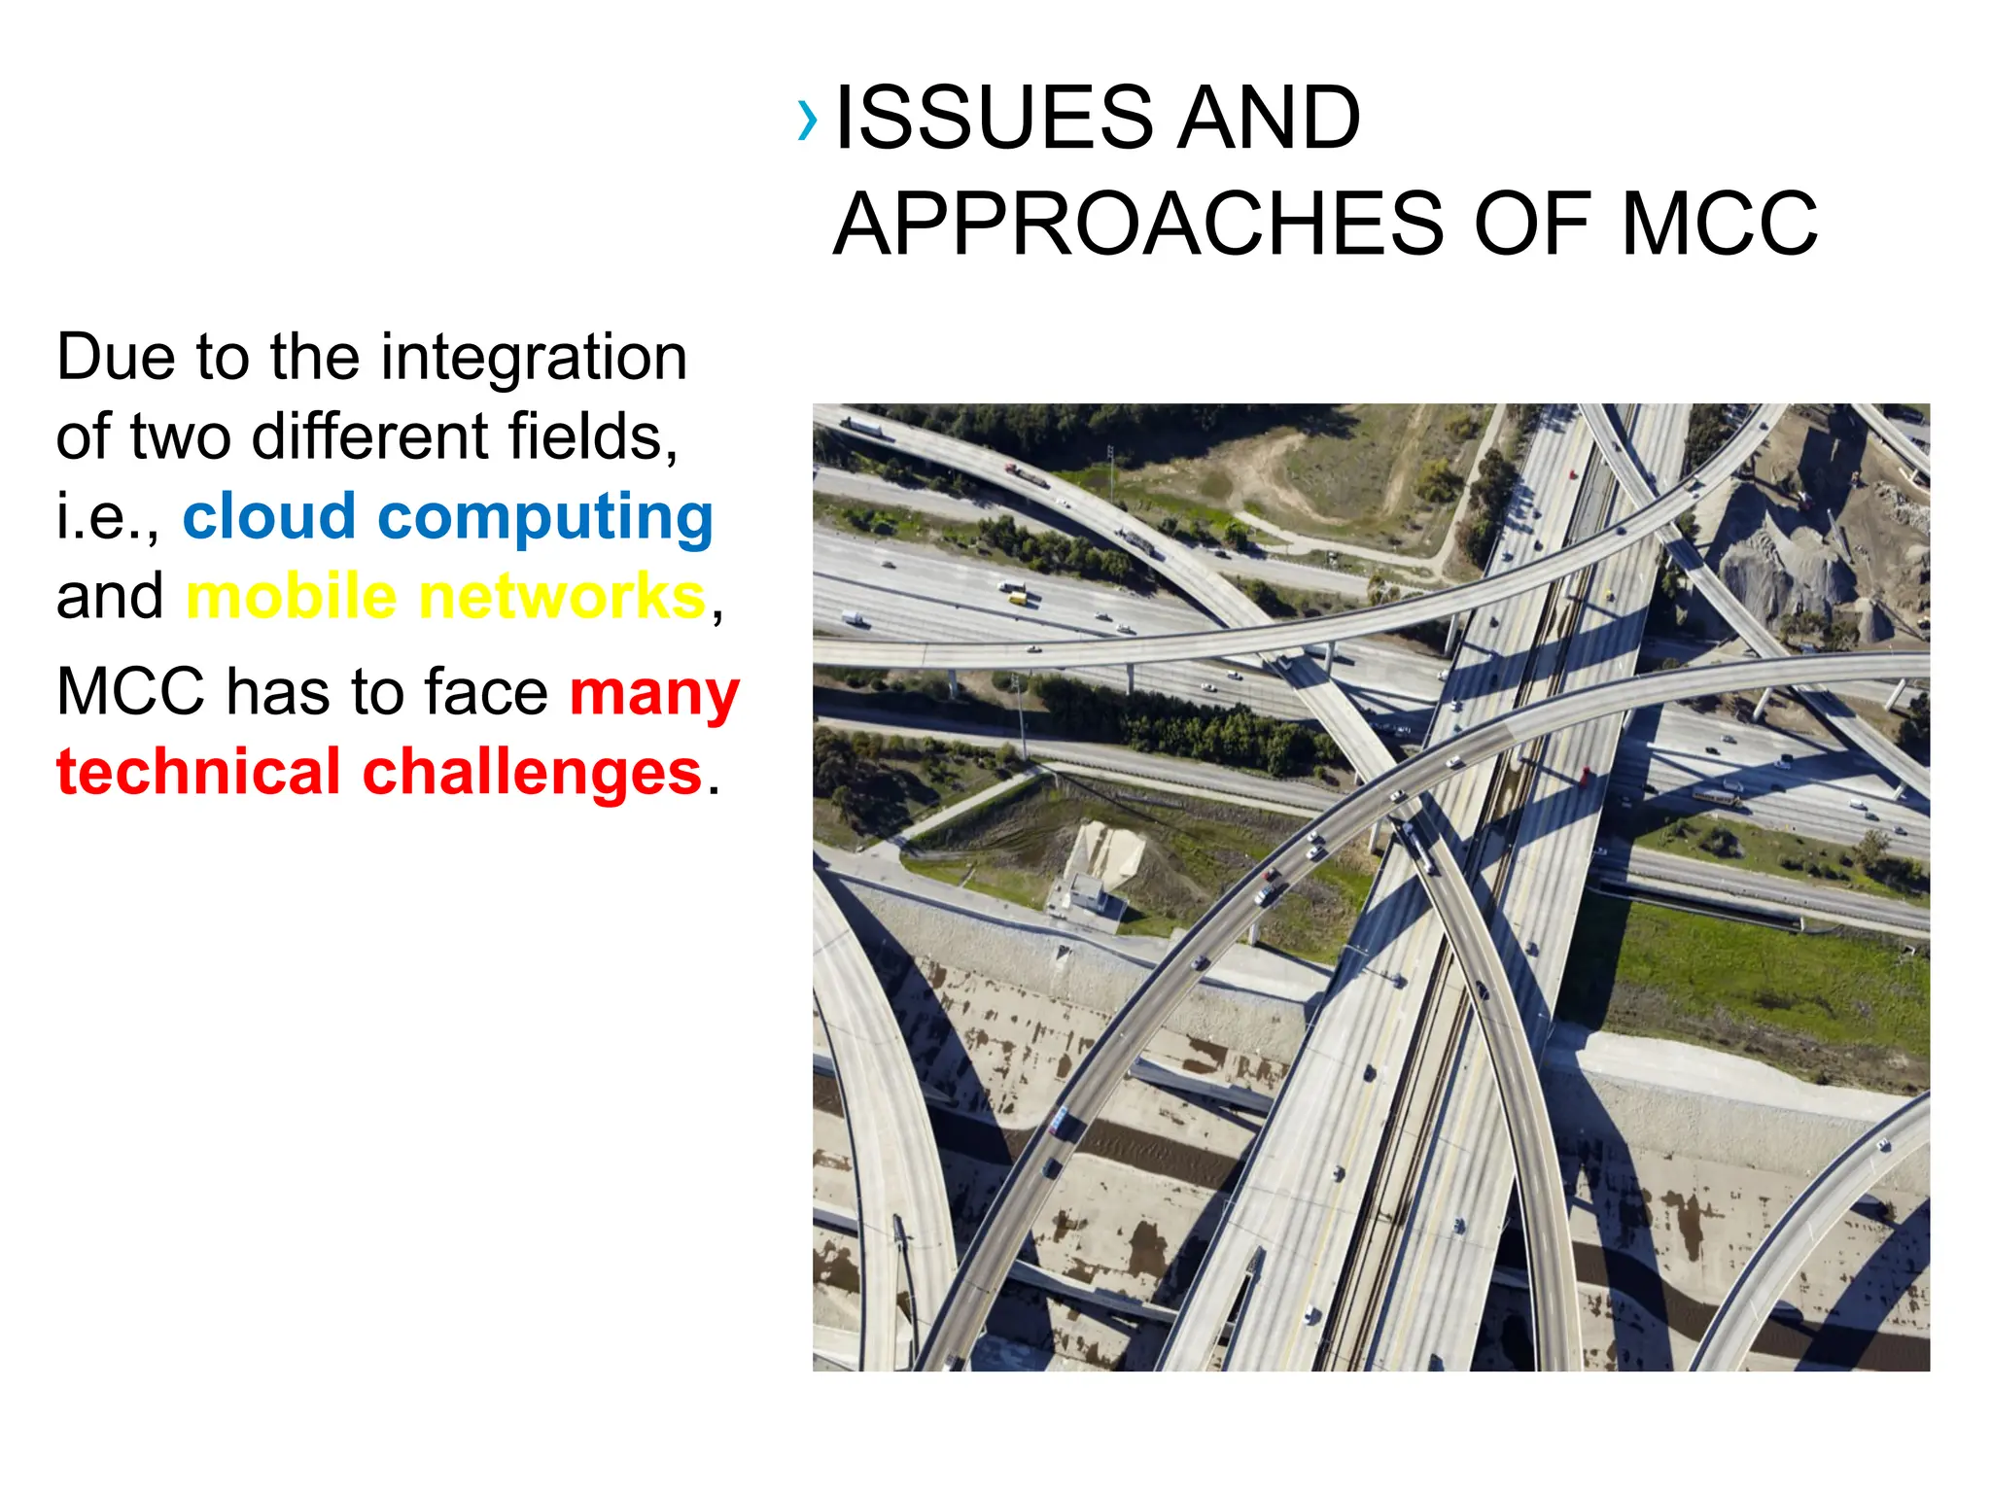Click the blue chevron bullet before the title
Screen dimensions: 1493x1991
click(x=806, y=121)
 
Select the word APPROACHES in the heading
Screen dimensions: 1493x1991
click(x=1139, y=226)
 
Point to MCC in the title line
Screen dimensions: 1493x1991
click(x=1719, y=226)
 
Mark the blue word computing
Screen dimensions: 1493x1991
click(x=545, y=519)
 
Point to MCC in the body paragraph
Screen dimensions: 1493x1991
click(x=130, y=693)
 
